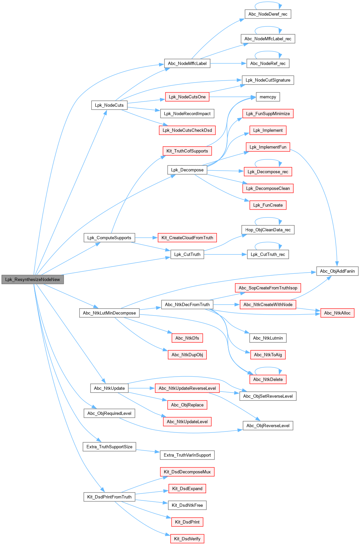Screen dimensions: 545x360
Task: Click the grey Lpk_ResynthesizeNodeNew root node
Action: tap(32, 279)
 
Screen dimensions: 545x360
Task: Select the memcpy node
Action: tap(268, 97)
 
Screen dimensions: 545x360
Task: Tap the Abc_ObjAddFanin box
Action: tap(337, 271)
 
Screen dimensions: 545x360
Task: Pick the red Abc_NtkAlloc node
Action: tap(337, 313)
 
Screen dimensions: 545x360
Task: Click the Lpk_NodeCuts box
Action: tap(109, 105)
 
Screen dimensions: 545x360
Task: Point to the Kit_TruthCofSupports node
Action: tap(187, 151)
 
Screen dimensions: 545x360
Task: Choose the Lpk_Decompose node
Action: tap(187, 170)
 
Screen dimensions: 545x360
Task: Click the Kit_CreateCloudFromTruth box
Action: tap(187, 238)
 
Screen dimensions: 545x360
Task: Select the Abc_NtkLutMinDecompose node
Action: tap(109, 313)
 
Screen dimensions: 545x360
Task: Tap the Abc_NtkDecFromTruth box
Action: tap(187, 304)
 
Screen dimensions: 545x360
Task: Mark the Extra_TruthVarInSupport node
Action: tap(187, 455)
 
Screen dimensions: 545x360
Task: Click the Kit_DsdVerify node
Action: tap(187, 539)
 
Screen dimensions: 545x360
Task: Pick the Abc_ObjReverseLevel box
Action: tap(268, 426)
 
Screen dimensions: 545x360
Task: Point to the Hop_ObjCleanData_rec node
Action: tap(268, 230)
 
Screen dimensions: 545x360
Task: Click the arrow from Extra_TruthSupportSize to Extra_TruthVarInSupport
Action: tap(148, 451)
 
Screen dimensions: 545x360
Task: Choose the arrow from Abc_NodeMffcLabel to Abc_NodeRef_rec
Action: tap(228, 63)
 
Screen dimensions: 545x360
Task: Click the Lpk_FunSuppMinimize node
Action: tap(268, 114)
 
